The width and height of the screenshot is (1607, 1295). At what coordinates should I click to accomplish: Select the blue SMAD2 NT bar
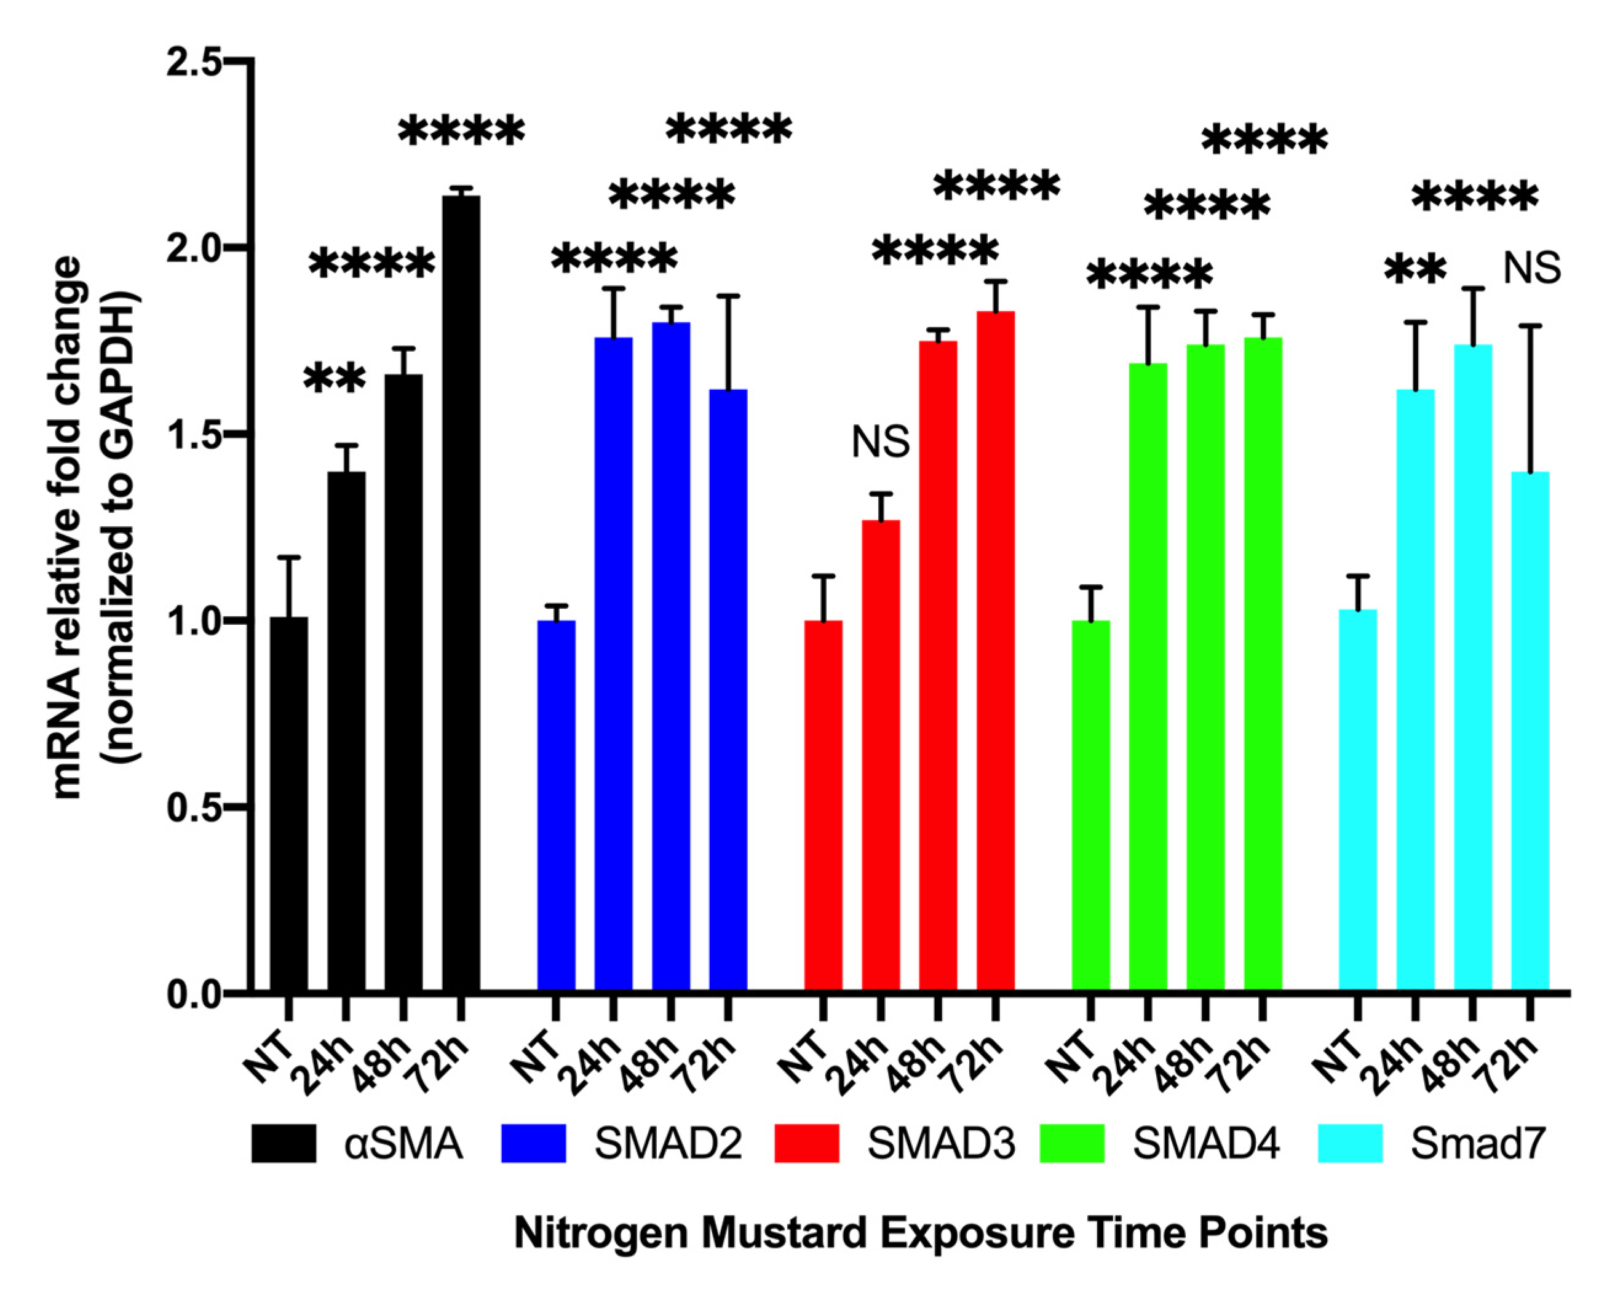tap(556, 806)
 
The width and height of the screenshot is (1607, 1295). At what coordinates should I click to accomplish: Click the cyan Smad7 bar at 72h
tap(1530, 731)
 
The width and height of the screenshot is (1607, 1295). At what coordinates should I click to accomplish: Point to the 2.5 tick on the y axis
tap(237, 61)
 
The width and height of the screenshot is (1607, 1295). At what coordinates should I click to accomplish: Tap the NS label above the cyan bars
tap(1531, 269)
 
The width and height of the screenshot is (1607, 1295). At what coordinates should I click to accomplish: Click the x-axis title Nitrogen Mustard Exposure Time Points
tap(921, 1232)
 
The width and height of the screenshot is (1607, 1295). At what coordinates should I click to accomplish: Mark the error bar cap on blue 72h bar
tap(728, 296)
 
